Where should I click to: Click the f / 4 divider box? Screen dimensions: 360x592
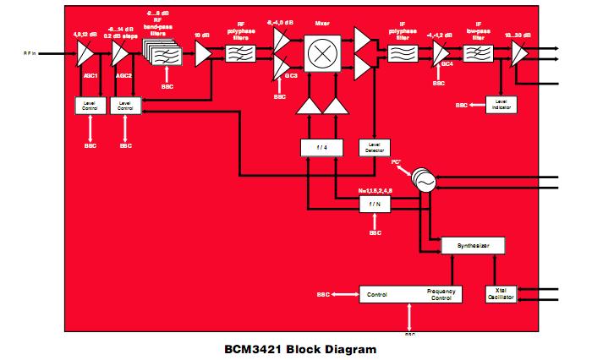[x=322, y=147]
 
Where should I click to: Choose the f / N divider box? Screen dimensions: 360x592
[x=375, y=205]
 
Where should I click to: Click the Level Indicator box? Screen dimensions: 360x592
[x=501, y=105]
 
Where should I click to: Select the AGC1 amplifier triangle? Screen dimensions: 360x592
[x=86, y=55]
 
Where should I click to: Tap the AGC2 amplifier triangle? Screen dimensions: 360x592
[x=123, y=55]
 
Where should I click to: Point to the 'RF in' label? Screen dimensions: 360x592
[x=30, y=52]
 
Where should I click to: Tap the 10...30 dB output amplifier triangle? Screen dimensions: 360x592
[x=519, y=55]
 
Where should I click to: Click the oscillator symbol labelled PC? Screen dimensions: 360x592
[x=420, y=180]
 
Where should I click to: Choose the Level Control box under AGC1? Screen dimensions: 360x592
[x=89, y=107]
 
